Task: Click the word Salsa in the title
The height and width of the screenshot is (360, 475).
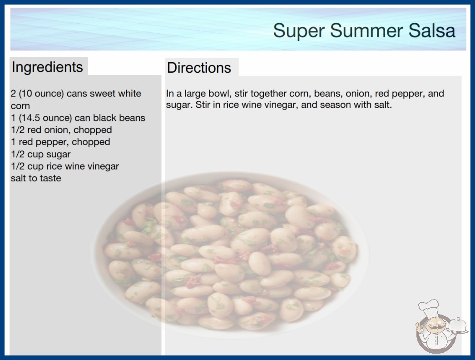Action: pos(432,30)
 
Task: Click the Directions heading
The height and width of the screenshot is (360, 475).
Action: pos(199,68)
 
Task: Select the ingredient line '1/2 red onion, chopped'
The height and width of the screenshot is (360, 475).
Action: pos(61,130)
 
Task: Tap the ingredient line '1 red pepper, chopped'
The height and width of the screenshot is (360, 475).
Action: pos(60,142)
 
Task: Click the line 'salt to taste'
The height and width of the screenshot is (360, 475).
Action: pos(36,178)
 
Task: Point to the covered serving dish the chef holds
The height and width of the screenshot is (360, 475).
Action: pos(458,326)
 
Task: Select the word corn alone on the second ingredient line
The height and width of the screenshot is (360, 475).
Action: pos(20,106)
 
